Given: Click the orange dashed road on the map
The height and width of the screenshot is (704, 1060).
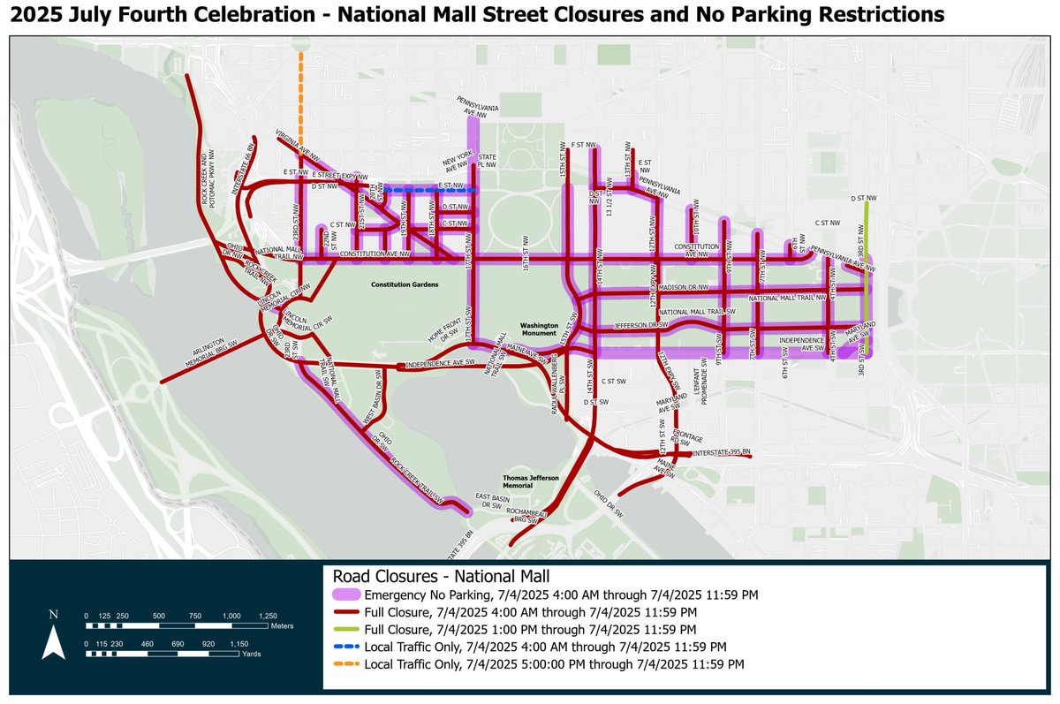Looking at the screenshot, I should pos(301,97).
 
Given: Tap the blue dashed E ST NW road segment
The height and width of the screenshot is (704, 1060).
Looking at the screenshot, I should pos(433,189).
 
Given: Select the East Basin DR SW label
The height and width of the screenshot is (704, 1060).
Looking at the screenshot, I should pos(492,499).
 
